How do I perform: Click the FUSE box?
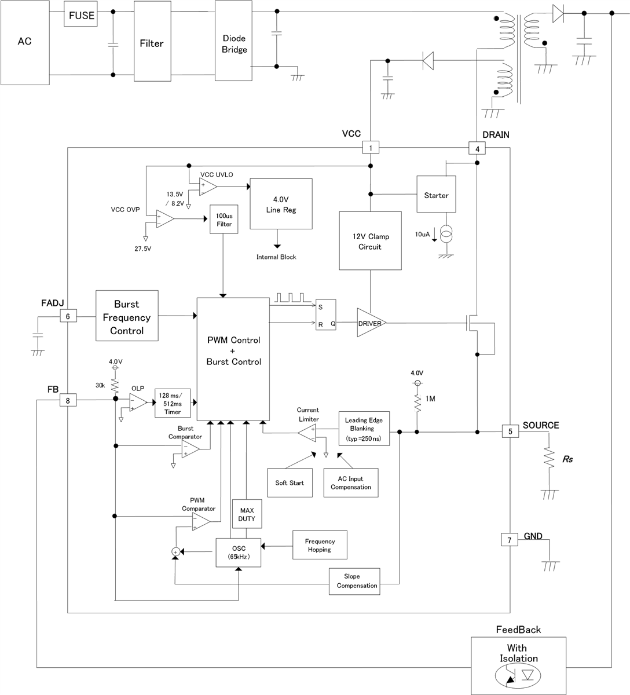[x=81, y=16]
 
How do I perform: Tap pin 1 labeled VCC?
[x=370, y=148]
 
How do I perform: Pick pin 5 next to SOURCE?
[x=510, y=431]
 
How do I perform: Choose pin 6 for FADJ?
[x=68, y=316]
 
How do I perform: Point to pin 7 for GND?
[x=509, y=540]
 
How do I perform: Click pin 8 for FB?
[x=68, y=400]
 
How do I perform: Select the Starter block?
[x=436, y=195]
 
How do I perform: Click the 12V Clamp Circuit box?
[x=370, y=241]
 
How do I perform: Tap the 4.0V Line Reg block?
[x=281, y=204]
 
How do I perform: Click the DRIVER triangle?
[x=369, y=323]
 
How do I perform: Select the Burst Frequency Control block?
[x=127, y=317]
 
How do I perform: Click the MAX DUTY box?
[x=247, y=514]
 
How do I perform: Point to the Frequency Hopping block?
[x=320, y=545]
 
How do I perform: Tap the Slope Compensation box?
[x=355, y=581]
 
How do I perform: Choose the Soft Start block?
[x=290, y=482]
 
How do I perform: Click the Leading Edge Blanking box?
[x=364, y=429]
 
